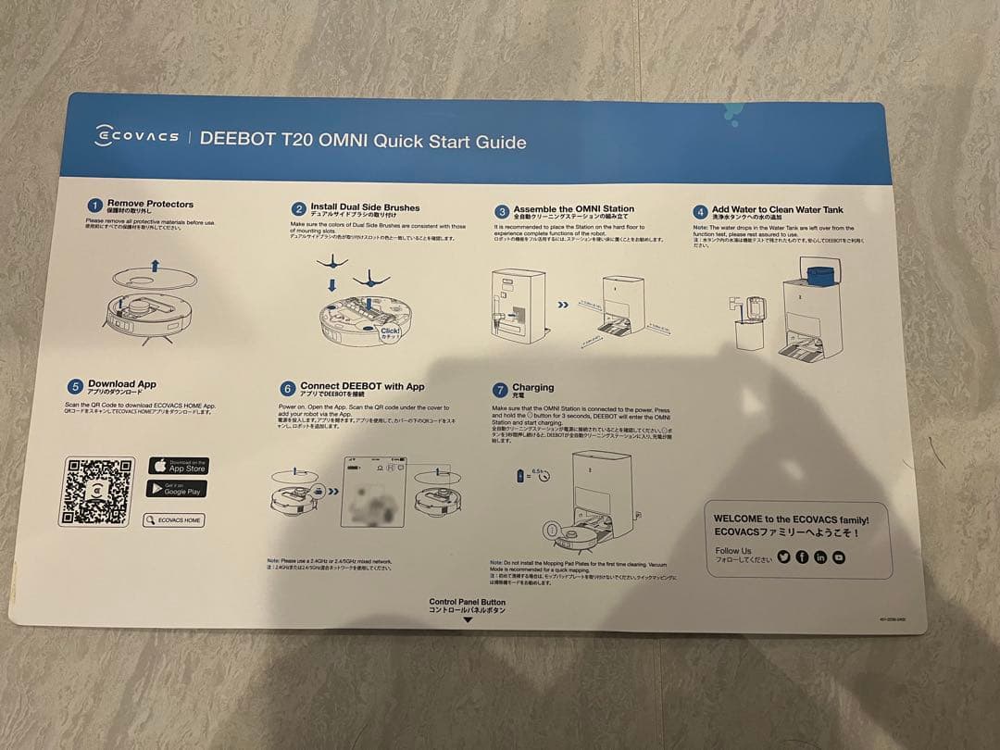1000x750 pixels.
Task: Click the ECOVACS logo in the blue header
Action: point(137,137)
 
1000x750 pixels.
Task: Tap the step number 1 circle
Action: point(94,206)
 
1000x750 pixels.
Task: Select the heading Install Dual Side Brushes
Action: point(365,208)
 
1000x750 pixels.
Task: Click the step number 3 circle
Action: point(501,211)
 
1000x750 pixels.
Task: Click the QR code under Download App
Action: point(95,491)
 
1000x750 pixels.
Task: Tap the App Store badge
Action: point(178,466)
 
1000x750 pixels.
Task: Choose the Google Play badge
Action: point(176,489)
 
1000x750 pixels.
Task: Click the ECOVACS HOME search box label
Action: point(173,520)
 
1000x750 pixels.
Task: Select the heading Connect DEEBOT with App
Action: point(362,386)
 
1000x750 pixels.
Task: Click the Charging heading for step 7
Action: point(532,388)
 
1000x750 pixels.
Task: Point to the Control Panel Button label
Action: point(468,602)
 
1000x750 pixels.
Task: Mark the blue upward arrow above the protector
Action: point(155,266)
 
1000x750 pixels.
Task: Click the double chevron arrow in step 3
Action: point(563,303)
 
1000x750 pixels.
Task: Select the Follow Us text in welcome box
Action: point(733,551)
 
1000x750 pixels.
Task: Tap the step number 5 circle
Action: point(75,386)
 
